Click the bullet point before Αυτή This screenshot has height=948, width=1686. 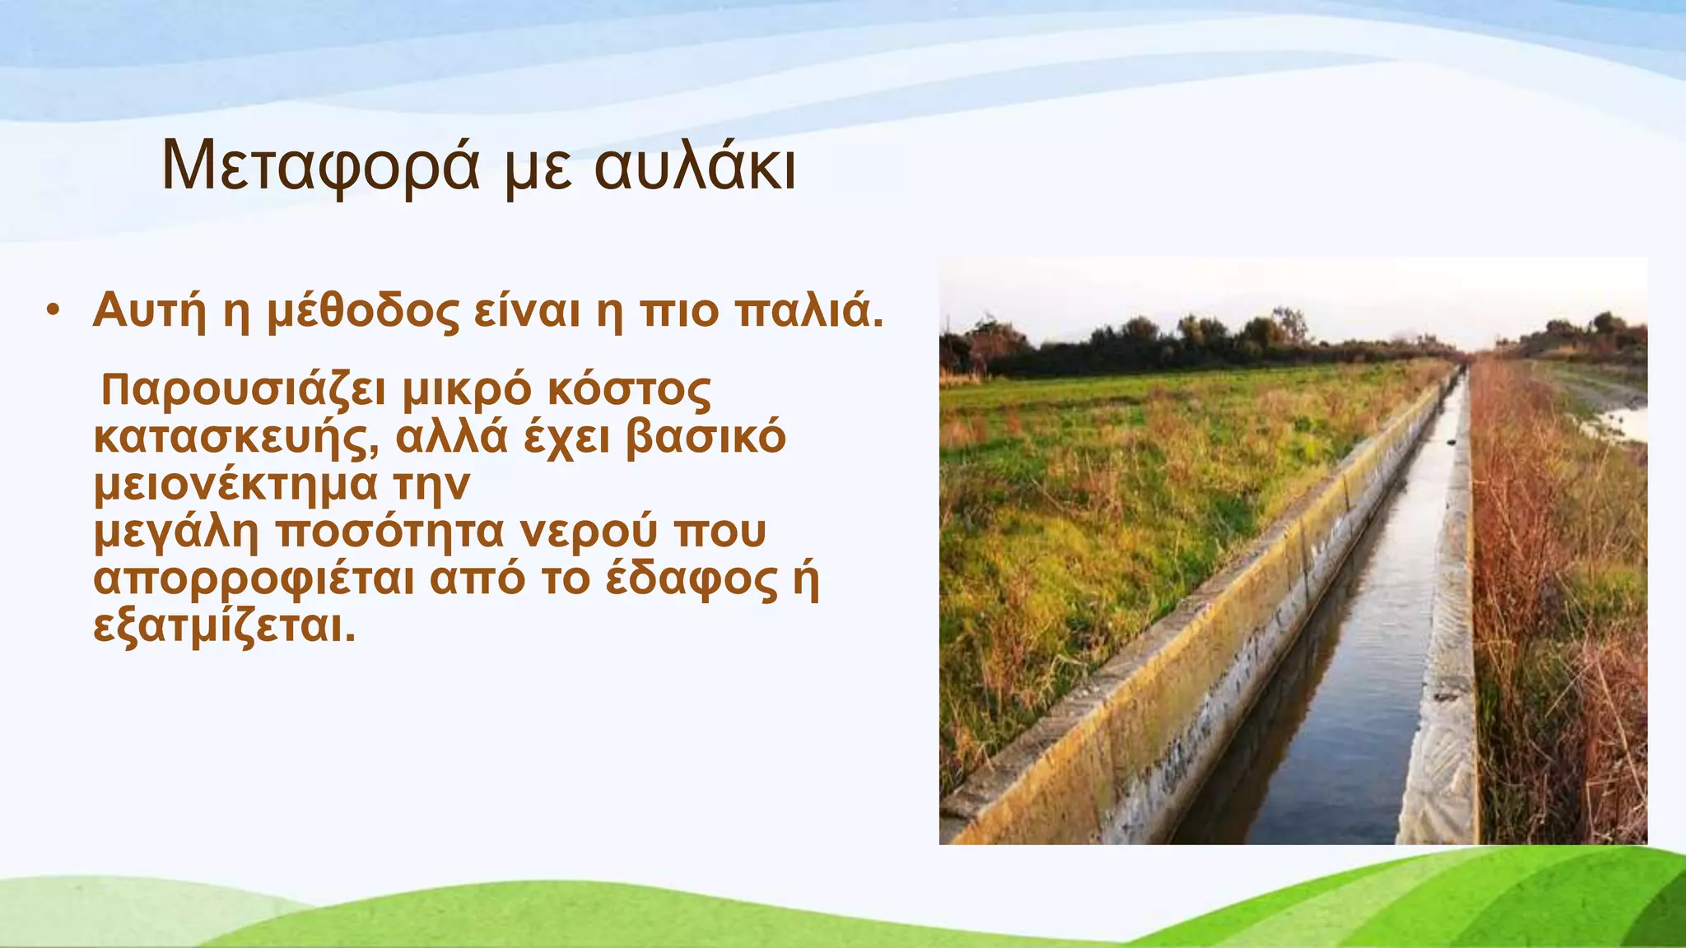pos(54,311)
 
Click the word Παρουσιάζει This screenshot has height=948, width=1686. pos(243,390)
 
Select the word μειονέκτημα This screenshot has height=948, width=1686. pos(235,485)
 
